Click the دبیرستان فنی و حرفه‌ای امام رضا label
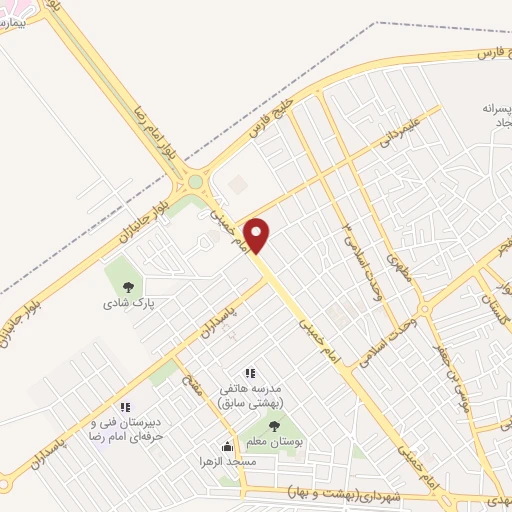[125, 431]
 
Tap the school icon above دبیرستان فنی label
[125, 408]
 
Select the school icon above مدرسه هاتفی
[250, 373]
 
